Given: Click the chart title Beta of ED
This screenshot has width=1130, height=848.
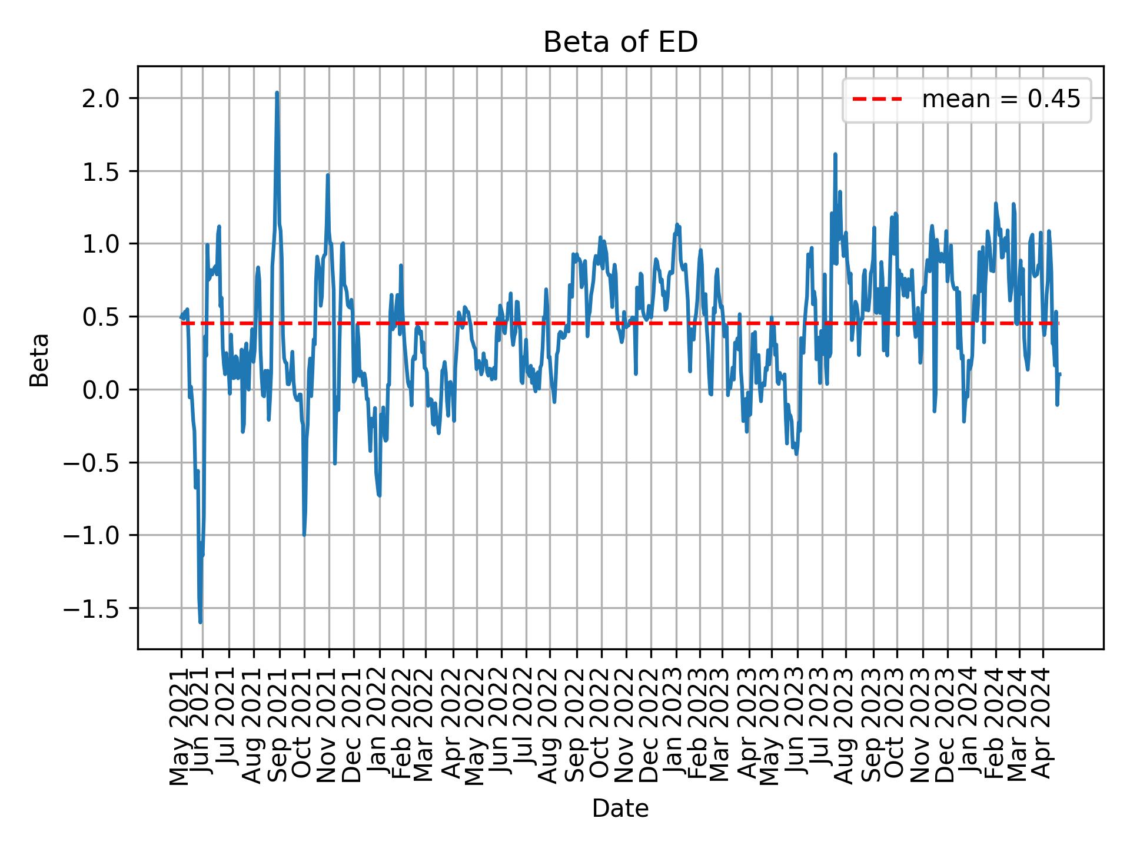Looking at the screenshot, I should [x=620, y=42].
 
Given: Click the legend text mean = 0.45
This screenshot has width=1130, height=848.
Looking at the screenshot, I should [x=1001, y=100].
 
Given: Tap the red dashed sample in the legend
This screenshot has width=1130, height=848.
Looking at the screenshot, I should [x=877, y=100].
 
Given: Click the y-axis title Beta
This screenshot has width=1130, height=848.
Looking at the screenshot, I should [x=39, y=360].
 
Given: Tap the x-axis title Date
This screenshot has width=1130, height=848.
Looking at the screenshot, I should [x=620, y=809].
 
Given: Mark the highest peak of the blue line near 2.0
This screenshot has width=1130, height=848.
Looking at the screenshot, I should [x=277, y=92].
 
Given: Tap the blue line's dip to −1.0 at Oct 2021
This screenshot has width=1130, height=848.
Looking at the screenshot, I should [x=304, y=535].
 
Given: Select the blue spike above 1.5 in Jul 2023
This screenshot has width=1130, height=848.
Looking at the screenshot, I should [x=835, y=154].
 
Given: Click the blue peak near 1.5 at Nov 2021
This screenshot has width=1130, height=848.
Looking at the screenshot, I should [x=328, y=175].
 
